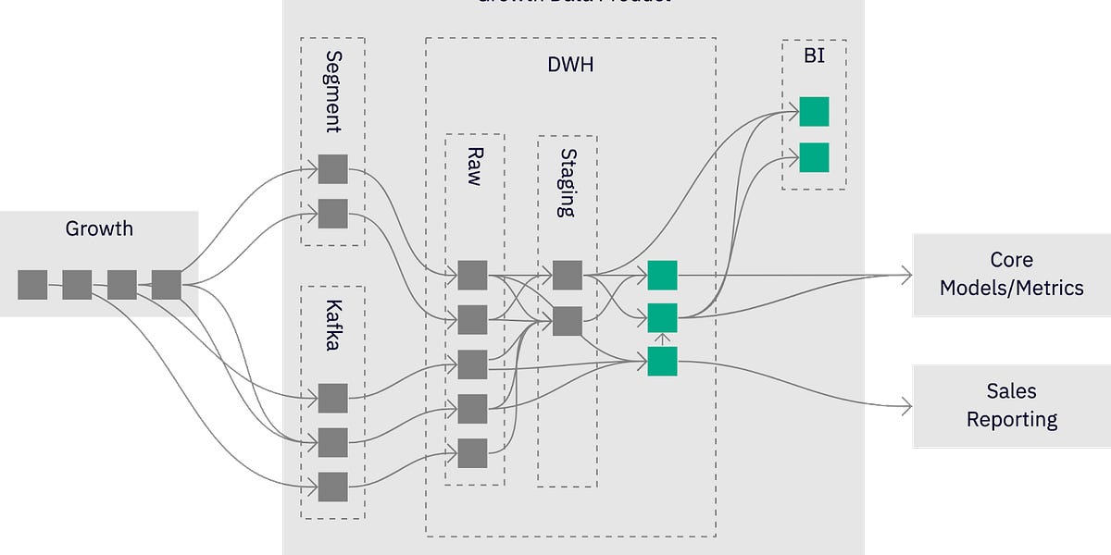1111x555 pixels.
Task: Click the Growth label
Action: click(x=99, y=228)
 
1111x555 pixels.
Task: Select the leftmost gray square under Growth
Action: click(x=32, y=285)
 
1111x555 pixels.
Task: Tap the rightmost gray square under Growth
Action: click(x=166, y=285)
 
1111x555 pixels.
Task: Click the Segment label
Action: click(x=333, y=92)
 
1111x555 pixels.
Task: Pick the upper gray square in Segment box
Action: click(x=332, y=169)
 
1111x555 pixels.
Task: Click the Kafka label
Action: click(x=333, y=328)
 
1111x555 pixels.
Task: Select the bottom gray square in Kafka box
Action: click(x=332, y=487)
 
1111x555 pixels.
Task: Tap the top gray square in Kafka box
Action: click(x=332, y=398)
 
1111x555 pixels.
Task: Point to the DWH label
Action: click(x=569, y=65)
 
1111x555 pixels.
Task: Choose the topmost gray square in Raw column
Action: click(x=472, y=275)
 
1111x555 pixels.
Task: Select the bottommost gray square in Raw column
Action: click(x=472, y=453)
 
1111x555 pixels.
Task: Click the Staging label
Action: click(x=568, y=182)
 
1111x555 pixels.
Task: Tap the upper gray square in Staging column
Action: click(x=568, y=275)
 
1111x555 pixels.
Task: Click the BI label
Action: click(x=813, y=57)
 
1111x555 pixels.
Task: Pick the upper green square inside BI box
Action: click(x=814, y=111)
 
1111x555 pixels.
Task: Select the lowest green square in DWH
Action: click(x=662, y=362)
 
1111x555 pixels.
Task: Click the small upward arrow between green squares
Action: click(x=662, y=339)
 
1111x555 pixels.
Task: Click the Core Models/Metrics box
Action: click(x=1011, y=274)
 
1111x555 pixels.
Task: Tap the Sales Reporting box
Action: click(x=1011, y=405)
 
